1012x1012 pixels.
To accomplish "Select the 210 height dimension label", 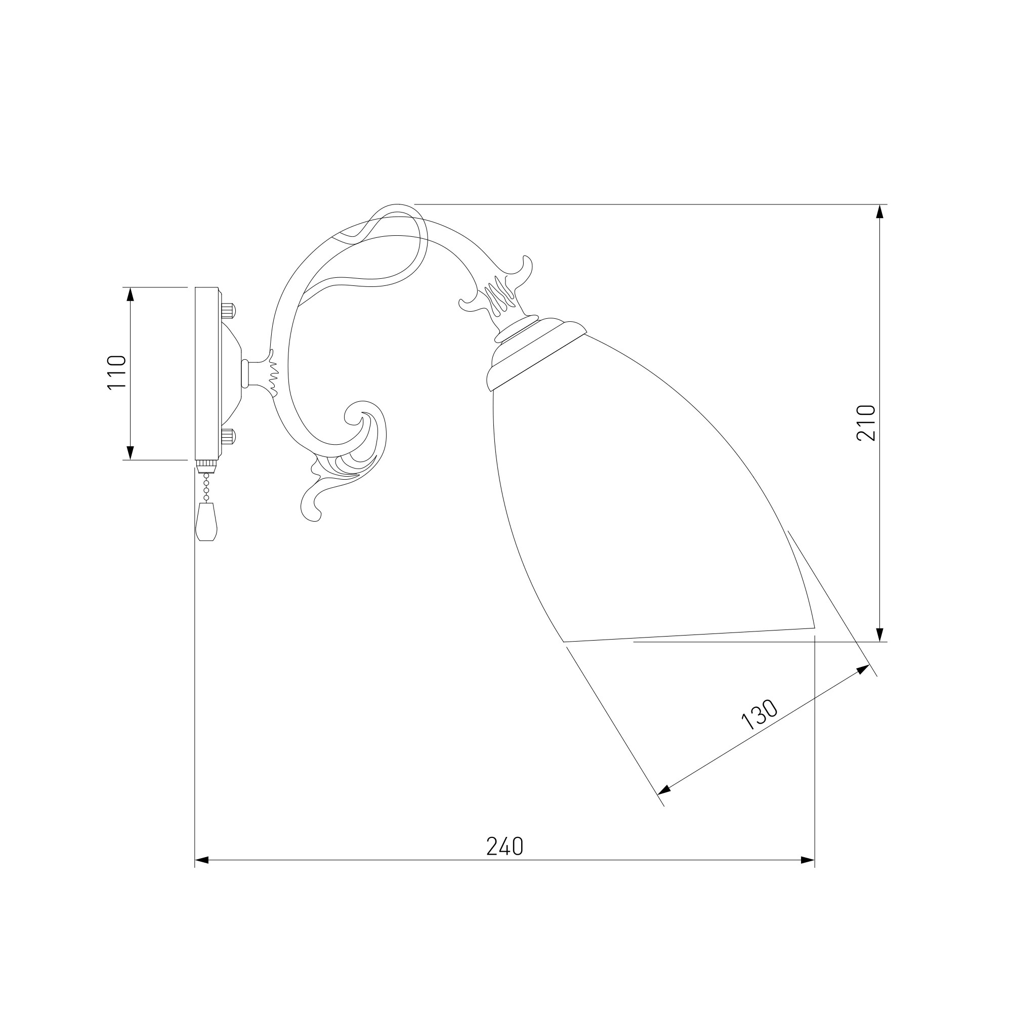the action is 866,423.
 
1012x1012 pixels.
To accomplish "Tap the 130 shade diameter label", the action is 760,714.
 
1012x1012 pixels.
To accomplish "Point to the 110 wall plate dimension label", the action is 117,372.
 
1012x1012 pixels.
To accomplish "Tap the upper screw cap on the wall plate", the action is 228,311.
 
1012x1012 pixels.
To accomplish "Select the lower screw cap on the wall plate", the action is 228,436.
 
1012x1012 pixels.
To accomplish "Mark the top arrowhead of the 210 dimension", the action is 880,211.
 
